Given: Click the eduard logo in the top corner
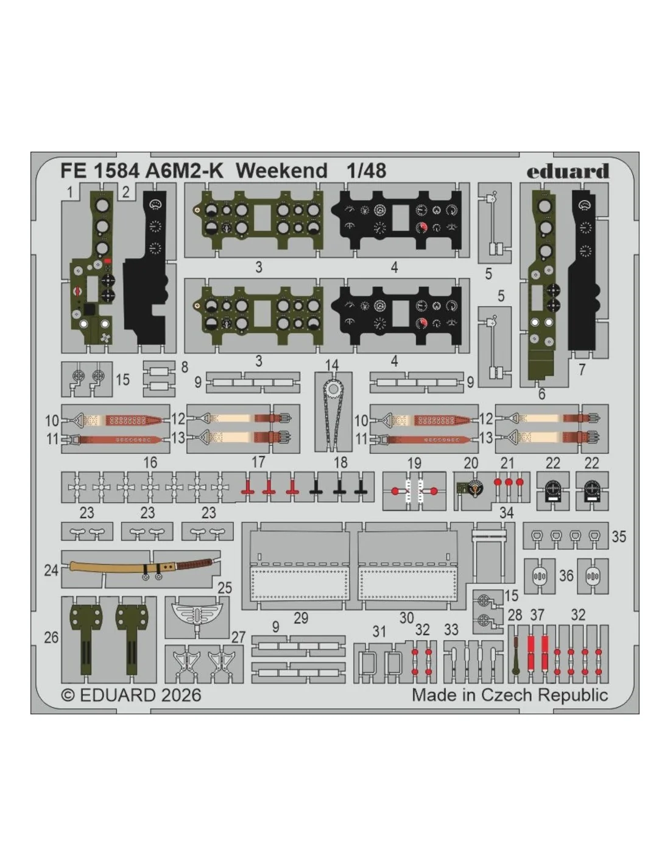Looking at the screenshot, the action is pyautogui.click(x=568, y=171).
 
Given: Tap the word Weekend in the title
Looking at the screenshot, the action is pyautogui.click(x=282, y=171).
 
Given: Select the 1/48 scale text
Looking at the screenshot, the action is pyautogui.click(x=366, y=171).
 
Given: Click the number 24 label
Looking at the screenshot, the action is pyautogui.click(x=51, y=570).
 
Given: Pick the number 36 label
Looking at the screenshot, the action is pyautogui.click(x=566, y=576).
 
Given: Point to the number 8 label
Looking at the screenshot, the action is pyautogui.click(x=185, y=367).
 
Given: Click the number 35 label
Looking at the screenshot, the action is pyautogui.click(x=619, y=537).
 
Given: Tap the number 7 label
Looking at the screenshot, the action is pyautogui.click(x=582, y=370).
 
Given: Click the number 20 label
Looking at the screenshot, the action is pyautogui.click(x=471, y=463).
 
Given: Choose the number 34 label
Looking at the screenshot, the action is pyautogui.click(x=507, y=513).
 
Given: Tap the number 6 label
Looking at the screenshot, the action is pyautogui.click(x=541, y=394).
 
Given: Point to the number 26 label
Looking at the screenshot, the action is pyautogui.click(x=51, y=638).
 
